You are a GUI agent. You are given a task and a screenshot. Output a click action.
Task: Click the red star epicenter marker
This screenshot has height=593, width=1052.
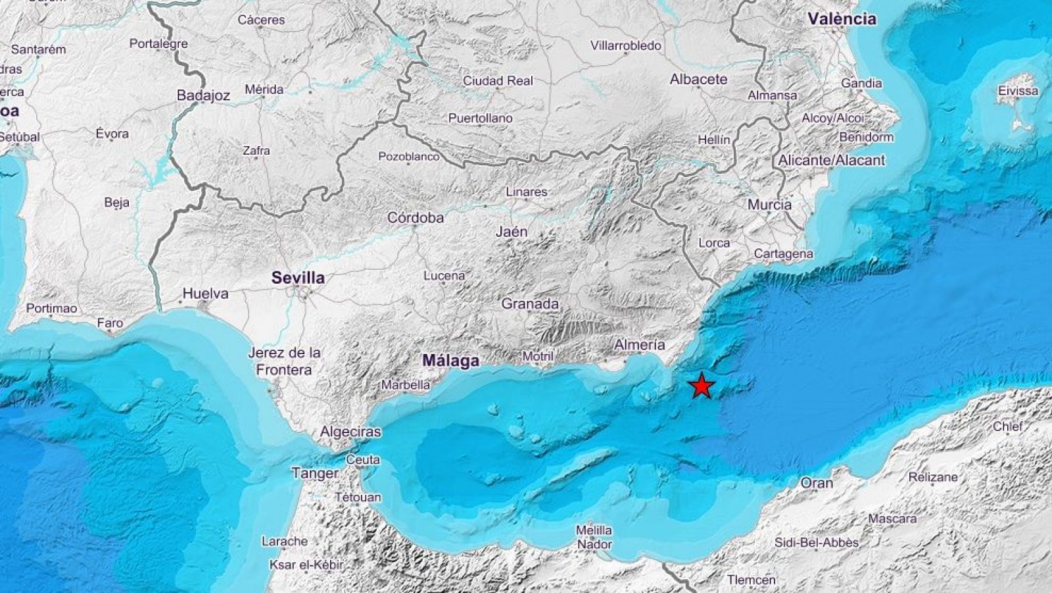(x=702, y=386)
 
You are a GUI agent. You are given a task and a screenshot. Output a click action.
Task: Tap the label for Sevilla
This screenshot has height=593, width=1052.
(x=298, y=278)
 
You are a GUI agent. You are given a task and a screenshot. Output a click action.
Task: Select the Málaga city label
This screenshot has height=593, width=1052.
(x=450, y=361)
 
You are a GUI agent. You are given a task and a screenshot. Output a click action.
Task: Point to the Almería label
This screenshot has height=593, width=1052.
(x=639, y=344)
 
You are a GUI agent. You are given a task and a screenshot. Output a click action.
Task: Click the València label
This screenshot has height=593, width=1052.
(x=842, y=19)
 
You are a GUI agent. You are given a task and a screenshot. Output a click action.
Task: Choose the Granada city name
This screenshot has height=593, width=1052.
(x=530, y=304)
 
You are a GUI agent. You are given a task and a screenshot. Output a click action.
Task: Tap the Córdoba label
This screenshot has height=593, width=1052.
(x=416, y=218)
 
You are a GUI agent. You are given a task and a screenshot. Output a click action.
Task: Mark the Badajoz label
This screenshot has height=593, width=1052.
(x=204, y=96)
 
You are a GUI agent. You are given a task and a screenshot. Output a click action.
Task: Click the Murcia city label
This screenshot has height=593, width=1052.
(x=769, y=205)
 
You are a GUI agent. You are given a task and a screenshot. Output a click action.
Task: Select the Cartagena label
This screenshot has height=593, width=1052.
(x=783, y=253)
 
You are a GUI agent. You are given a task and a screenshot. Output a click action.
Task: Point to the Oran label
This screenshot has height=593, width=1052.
(x=817, y=483)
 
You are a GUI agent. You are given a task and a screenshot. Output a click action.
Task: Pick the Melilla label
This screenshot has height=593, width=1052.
(x=594, y=530)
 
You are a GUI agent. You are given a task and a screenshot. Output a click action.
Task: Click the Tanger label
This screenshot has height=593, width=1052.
(x=315, y=473)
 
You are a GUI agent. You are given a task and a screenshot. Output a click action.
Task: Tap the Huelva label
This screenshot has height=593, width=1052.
(x=206, y=294)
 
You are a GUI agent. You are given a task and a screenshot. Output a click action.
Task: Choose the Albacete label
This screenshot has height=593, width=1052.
(x=698, y=80)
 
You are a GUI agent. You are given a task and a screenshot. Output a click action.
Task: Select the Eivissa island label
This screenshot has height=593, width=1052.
(x=1018, y=91)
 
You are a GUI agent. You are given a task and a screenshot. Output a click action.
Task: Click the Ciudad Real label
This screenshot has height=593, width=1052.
(x=498, y=81)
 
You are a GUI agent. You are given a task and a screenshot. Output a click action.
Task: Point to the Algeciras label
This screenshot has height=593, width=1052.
(x=350, y=432)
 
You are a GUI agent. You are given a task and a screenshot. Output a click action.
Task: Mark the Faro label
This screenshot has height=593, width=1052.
(x=110, y=323)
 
